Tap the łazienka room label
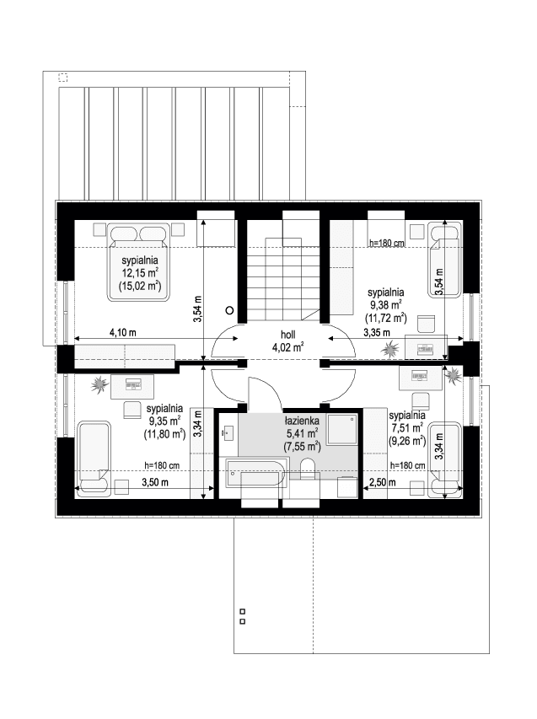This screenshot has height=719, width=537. point(301,420)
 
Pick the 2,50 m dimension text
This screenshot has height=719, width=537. point(384,483)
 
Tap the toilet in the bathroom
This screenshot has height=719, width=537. point(309,469)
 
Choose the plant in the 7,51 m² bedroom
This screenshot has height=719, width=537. point(454,375)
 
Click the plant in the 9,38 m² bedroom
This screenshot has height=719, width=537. point(389,347)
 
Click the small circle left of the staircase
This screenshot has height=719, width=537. point(229,309)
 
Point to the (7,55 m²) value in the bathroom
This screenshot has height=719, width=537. point(301,448)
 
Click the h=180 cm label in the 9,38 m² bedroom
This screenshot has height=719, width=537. point(387,244)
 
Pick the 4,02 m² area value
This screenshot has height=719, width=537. point(288,347)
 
